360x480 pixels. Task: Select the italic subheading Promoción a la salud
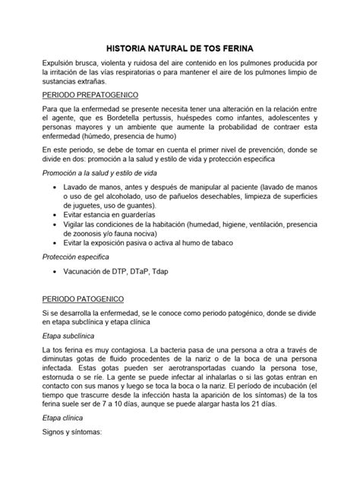point(102,173)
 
